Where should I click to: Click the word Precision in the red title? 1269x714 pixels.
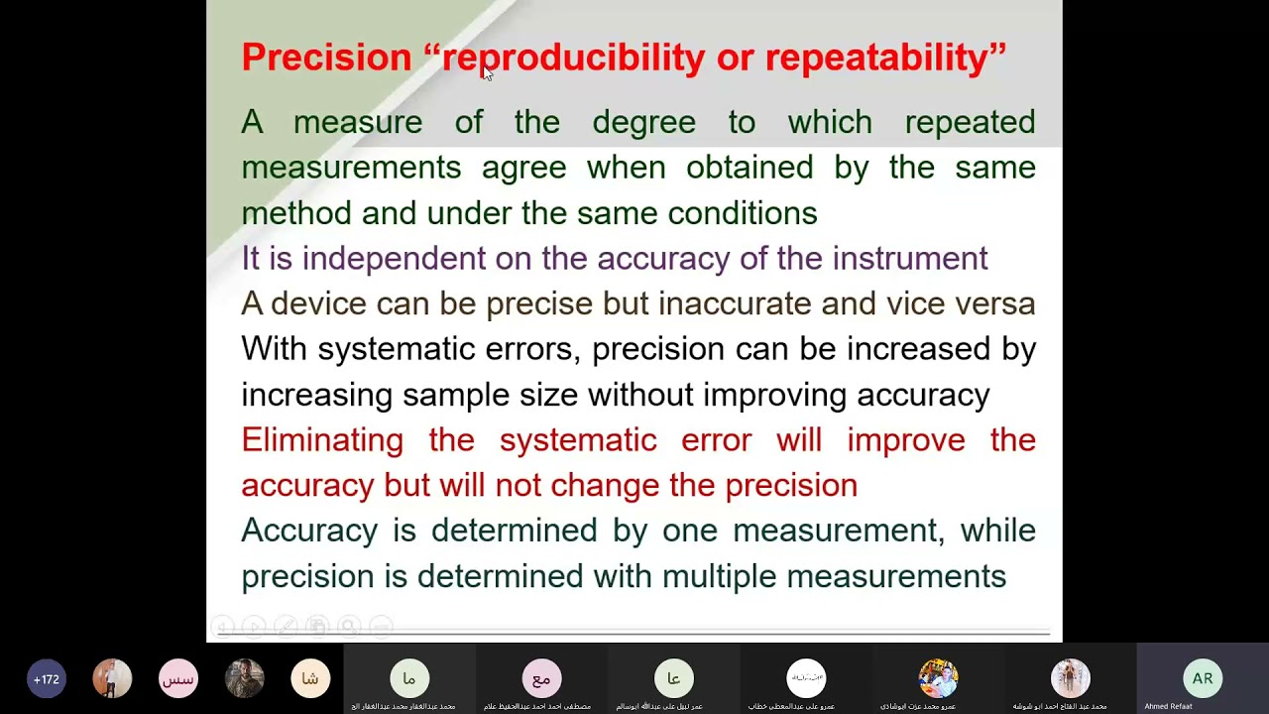[x=326, y=58]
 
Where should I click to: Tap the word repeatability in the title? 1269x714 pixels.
[x=876, y=58]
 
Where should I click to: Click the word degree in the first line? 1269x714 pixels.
[x=643, y=122]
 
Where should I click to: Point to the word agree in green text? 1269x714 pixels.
[x=523, y=168]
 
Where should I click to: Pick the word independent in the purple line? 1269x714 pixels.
[x=394, y=258]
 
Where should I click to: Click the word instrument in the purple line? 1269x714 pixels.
[x=909, y=258]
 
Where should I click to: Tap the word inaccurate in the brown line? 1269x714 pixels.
[x=735, y=303]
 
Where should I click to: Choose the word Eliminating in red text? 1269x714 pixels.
[x=322, y=439]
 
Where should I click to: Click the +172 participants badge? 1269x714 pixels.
[x=47, y=679]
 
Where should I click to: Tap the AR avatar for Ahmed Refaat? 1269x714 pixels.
[x=1202, y=679]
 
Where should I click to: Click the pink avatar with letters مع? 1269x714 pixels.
[x=541, y=679]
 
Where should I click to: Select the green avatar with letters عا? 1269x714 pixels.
[x=673, y=679]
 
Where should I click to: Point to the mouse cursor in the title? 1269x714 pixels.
[x=487, y=74]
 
